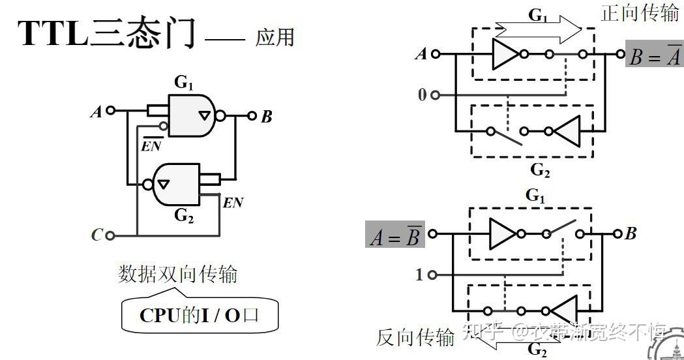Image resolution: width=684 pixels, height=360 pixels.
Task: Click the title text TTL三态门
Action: pyautogui.click(x=108, y=34)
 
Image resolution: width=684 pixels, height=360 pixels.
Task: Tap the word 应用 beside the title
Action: pyautogui.click(x=275, y=37)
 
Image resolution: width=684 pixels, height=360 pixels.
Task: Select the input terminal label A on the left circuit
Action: pyautogui.click(x=96, y=112)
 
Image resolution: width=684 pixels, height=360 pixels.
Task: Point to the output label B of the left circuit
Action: pyautogui.click(x=266, y=117)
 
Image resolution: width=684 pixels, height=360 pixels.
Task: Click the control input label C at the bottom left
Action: pyautogui.click(x=97, y=235)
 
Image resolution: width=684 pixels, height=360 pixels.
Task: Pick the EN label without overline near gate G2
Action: pyautogui.click(x=233, y=203)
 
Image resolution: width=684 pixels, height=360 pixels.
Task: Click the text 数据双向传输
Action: pyautogui.click(x=177, y=273)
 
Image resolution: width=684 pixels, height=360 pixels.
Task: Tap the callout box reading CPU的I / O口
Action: pyautogui.click(x=200, y=316)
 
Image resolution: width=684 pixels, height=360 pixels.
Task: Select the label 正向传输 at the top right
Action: pyautogui.click(x=640, y=12)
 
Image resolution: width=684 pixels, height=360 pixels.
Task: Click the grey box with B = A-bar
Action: pyautogui.click(x=654, y=56)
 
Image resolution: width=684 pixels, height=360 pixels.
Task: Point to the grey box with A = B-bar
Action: pyautogui.click(x=394, y=236)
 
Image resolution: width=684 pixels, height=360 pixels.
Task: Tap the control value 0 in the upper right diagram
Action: pyautogui.click(x=422, y=95)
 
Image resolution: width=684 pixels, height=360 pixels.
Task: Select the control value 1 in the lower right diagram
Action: pyautogui.click(x=419, y=275)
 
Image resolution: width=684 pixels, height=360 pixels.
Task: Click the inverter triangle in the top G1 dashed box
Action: pyautogui.click(x=505, y=54)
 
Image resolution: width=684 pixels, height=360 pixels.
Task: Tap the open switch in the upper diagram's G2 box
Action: pyautogui.click(x=506, y=135)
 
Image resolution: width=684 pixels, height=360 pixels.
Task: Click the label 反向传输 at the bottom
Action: pyautogui.click(x=415, y=337)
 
